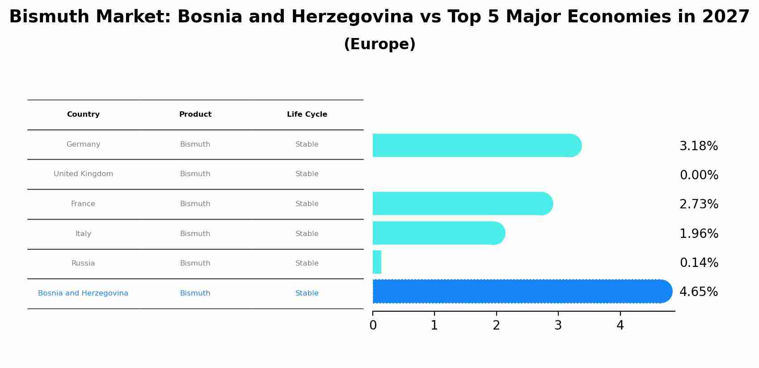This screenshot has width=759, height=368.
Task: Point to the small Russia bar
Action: tap(377, 262)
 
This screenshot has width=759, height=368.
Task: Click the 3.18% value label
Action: tap(698, 146)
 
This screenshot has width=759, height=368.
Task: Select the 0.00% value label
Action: tap(699, 175)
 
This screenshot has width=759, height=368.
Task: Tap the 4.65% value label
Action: tap(698, 292)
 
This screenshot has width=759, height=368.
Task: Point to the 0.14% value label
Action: tap(699, 263)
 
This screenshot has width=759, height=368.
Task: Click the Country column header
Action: tap(83, 114)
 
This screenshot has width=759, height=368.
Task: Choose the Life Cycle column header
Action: tap(307, 114)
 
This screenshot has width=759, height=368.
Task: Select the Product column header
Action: tap(195, 114)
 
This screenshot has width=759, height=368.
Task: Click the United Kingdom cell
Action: tap(83, 174)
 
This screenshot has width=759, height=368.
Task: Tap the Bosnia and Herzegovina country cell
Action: tap(83, 293)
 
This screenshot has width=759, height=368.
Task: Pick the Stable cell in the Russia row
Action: tap(307, 263)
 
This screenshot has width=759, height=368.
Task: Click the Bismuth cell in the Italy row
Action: tap(195, 234)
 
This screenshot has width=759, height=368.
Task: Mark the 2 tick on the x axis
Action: tap(496, 326)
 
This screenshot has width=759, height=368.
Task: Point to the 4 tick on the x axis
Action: tap(620, 326)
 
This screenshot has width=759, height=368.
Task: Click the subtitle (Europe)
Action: tap(379, 44)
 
